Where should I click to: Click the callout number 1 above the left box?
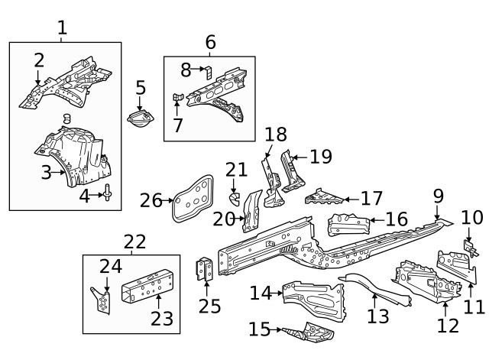pyautogui.click(x=62, y=28)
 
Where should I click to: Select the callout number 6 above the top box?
pyautogui.click(x=210, y=42)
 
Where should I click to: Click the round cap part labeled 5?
pyautogui.click(x=140, y=121)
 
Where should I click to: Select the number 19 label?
pyautogui.click(x=321, y=157)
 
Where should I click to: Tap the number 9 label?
pyautogui.click(x=438, y=196)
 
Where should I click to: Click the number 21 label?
pyautogui.click(x=236, y=170)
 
